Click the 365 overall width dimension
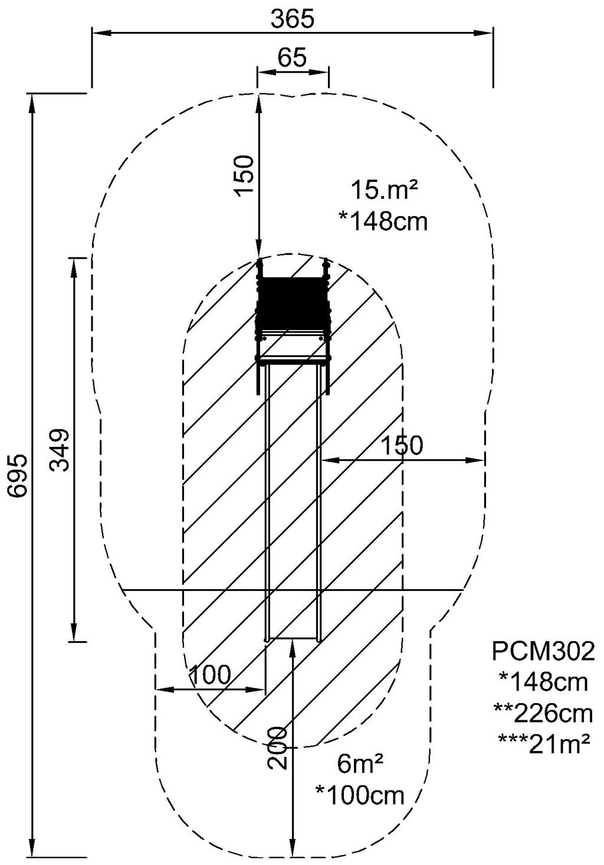click(292, 19)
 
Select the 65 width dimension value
click(292, 58)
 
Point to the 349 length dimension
click(60, 449)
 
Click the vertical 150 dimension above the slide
click(244, 175)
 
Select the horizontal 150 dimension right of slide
click(402, 446)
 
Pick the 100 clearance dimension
click(209, 674)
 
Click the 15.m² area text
click(384, 190)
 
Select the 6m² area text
click(360, 765)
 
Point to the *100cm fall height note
click(360, 795)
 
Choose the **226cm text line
click(543, 713)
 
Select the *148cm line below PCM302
click(543, 683)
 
